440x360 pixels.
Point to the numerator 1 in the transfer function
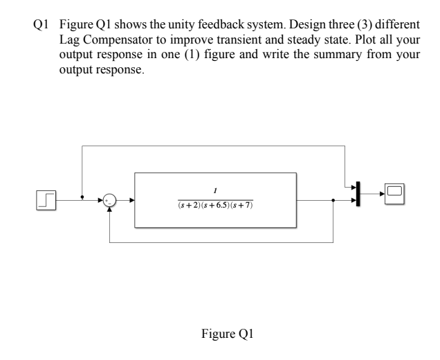(215, 191)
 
